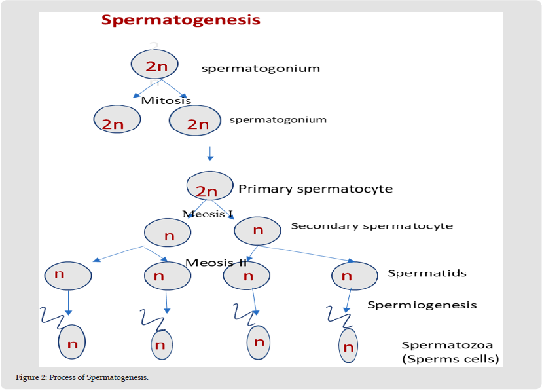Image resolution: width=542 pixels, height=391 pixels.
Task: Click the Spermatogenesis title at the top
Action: pyautogui.click(x=181, y=20)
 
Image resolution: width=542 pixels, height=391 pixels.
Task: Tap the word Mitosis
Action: pyautogui.click(x=166, y=100)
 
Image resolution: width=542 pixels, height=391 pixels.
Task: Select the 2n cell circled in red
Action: pyautogui.click(x=117, y=120)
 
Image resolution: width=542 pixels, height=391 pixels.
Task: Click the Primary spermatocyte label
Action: pyautogui.click(x=316, y=189)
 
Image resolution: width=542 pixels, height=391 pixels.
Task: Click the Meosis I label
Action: pyautogui.click(x=208, y=214)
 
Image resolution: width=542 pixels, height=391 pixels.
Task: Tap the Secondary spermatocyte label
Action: pyautogui.click(x=372, y=226)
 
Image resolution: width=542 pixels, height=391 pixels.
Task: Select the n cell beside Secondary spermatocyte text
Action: pyautogui.click(x=258, y=229)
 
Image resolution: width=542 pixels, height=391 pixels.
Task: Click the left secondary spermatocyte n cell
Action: pyautogui.click(x=168, y=233)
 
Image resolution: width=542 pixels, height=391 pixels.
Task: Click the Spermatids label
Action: pyautogui.click(x=427, y=273)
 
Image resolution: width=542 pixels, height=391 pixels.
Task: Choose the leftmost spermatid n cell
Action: pyautogui.click(x=67, y=274)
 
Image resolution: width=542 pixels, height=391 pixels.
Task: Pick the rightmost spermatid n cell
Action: pyautogui.click(x=354, y=276)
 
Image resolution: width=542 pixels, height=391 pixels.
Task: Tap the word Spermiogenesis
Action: pyautogui.click(x=422, y=305)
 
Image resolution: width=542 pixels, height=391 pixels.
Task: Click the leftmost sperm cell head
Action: pyautogui.click(x=72, y=342)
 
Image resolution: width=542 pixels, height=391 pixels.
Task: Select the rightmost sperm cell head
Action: pyautogui.click(x=348, y=346)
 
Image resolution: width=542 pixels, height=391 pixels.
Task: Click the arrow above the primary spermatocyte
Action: pyautogui.click(x=209, y=153)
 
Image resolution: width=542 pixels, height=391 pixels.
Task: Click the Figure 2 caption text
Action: pyautogui.click(x=82, y=379)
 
